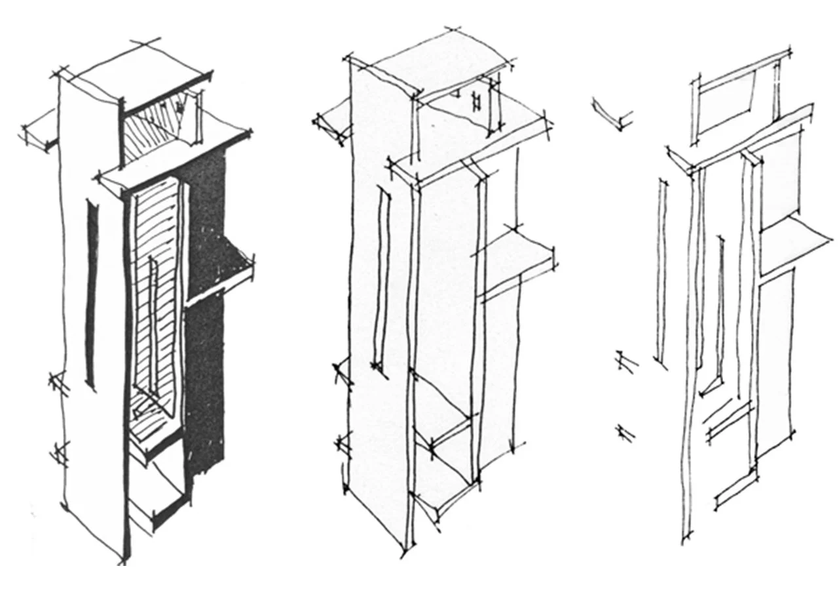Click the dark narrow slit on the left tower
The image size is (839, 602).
[92, 295]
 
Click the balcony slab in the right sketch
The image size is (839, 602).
[796, 243]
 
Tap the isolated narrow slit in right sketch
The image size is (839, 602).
[661, 269]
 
